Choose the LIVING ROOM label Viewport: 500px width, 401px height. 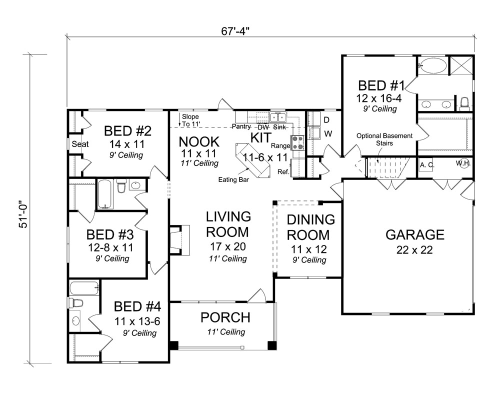click(x=228, y=224)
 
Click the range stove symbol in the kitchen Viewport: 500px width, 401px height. click(x=298, y=142)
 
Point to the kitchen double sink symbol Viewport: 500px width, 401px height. click(x=277, y=117)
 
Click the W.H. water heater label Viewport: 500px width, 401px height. click(x=463, y=163)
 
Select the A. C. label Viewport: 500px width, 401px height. click(x=426, y=164)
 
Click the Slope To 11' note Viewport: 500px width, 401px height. click(x=190, y=120)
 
